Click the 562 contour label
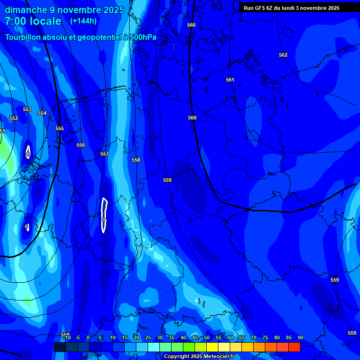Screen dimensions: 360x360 pyautogui.click(x=283, y=55)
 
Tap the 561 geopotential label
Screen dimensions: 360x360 pyautogui.click(x=230, y=80)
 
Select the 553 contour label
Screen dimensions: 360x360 pyautogui.click(x=27, y=110)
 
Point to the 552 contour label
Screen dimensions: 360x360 pyautogui.click(x=14, y=119)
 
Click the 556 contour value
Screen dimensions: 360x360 pyautogui.click(x=81, y=145)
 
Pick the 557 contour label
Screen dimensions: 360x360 pyautogui.click(x=105, y=154)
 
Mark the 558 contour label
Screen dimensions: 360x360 pyautogui.click(x=136, y=160)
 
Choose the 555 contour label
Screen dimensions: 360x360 pyautogui.click(x=60, y=129)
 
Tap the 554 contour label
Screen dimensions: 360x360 pyautogui.click(x=42, y=113)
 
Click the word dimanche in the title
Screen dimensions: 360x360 pyautogui.click(x=26, y=10)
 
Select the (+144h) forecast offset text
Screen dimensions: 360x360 pyautogui.click(x=83, y=21)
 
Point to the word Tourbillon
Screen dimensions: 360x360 pyautogui.click(x=27, y=37)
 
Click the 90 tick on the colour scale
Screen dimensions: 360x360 pyautogui.click(x=300, y=338)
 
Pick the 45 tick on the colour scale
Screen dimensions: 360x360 pyautogui.click(x=195, y=338)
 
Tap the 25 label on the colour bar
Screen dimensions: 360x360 pyautogui.click(x=148, y=338)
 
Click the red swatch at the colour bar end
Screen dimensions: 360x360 pyautogui.click(x=294, y=347)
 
